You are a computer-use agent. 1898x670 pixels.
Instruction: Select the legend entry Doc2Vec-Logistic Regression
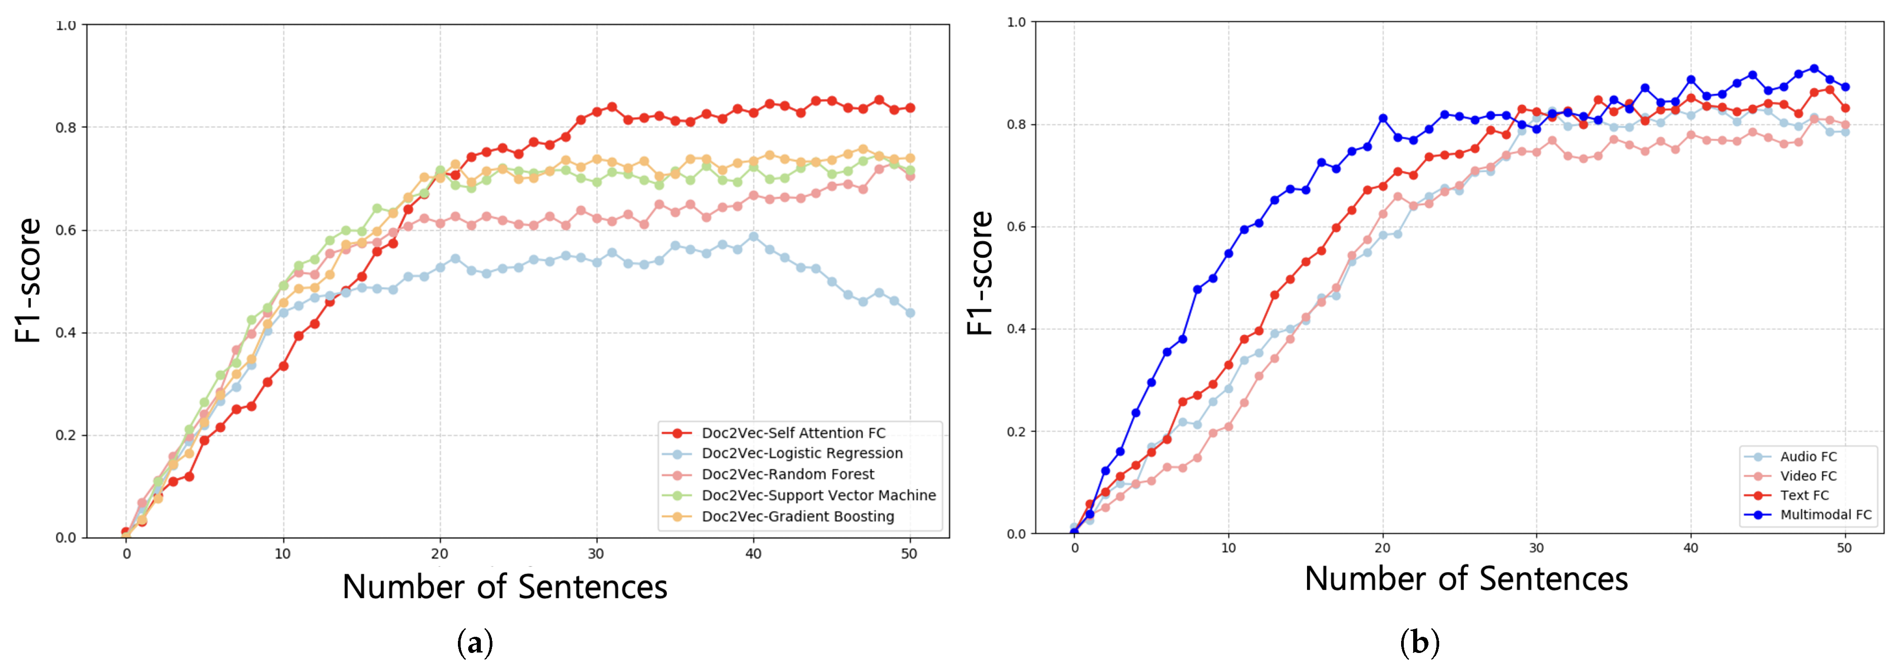point(802,453)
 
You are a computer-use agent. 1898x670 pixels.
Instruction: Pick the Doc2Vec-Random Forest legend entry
point(788,474)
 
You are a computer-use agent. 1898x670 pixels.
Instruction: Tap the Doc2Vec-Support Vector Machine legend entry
point(818,495)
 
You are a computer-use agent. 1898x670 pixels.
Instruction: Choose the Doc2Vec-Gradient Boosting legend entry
point(797,516)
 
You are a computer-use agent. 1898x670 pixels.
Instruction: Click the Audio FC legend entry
point(1808,456)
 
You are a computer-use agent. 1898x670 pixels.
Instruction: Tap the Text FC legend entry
point(1804,495)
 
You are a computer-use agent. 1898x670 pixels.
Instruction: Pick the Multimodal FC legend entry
point(1825,514)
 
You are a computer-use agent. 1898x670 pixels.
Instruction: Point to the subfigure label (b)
point(1419,643)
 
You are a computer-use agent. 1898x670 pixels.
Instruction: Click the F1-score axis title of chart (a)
point(28,281)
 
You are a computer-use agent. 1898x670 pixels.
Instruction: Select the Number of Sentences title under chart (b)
point(1466,579)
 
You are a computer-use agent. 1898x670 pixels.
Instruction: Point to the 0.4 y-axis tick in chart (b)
point(1017,329)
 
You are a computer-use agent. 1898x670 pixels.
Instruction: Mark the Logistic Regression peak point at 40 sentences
point(753,237)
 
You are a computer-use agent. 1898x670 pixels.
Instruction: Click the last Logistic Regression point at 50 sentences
point(910,313)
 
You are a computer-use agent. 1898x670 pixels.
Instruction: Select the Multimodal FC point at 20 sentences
point(1383,118)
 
